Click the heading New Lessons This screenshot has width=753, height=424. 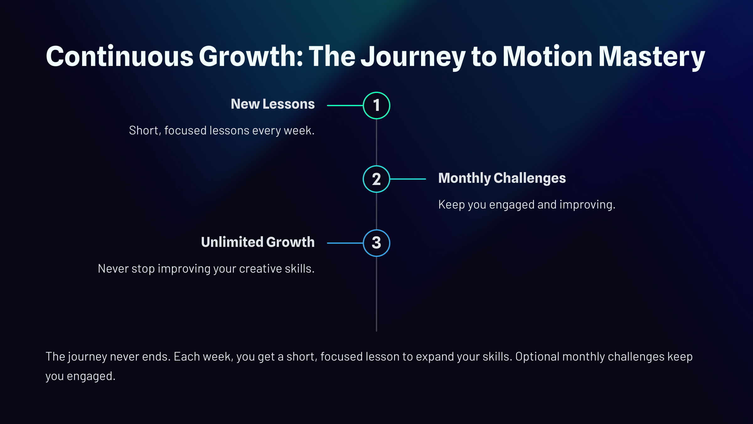pyautogui.click(x=273, y=104)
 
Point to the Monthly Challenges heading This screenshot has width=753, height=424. pyautogui.click(x=502, y=178)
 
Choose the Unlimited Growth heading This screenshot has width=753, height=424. pyautogui.click(x=258, y=242)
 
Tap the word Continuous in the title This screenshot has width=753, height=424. pyautogui.click(x=120, y=57)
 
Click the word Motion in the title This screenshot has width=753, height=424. pyautogui.click(x=547, y=56)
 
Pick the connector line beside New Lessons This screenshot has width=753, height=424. pyautogui.click(x=345, y=106)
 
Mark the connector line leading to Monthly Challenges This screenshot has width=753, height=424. pyautogui.click(x=408, y=179)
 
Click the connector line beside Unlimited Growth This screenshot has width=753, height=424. pyautogui.click(x=345, y=243)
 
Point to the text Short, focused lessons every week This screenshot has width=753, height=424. pyautogui.click(x=222, y=131)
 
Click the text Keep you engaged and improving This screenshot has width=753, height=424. pyautogui.click(x=527, y=205)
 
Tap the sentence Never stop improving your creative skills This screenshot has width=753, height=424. pyautogui.click(x=206, y=269)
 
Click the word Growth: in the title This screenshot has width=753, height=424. pyautogui.click(x=251, y=57)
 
